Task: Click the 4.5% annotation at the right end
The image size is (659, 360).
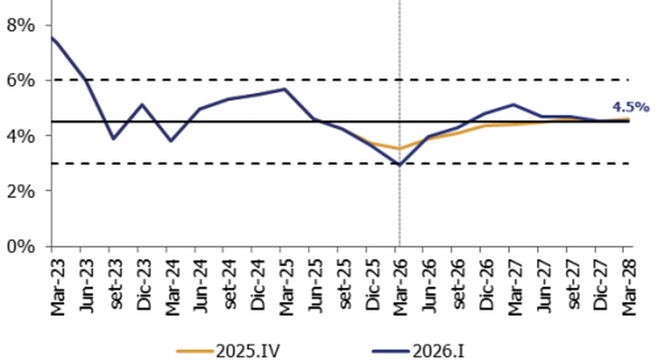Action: (x=631, y=106)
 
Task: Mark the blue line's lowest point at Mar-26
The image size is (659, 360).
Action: (x=399, y=165)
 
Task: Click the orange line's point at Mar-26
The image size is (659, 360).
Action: (x=399, y=149)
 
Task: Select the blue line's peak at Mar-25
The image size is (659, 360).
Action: (x=285, y=89)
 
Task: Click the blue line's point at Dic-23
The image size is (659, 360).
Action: (x=143, y=105)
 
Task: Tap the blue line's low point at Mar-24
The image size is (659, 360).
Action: (x=172, y=141)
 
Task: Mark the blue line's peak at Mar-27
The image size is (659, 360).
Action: (x=513, y=105)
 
